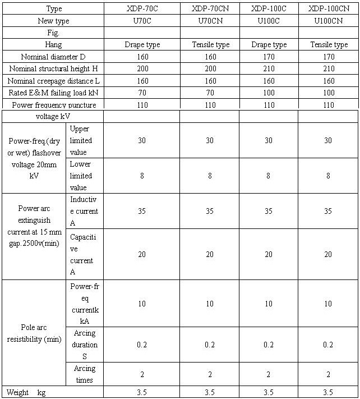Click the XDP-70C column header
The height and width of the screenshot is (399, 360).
142,9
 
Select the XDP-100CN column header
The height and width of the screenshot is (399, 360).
329,9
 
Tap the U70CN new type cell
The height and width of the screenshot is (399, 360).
210,21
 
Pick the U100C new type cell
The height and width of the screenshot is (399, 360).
269,21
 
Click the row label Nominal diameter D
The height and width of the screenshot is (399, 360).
53,57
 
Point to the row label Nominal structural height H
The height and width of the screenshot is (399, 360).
53,68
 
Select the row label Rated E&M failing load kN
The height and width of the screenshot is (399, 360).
53,93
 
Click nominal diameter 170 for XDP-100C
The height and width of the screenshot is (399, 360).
269,57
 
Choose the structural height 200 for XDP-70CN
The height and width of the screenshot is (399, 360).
210,68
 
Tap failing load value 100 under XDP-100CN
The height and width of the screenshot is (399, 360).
329,93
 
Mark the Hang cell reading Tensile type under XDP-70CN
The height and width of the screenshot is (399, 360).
210,45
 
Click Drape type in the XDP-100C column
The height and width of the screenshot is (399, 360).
269,45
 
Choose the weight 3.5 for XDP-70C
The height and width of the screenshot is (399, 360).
142,392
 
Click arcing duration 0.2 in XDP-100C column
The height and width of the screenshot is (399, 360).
269,345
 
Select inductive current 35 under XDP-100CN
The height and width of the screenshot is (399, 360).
329,212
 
